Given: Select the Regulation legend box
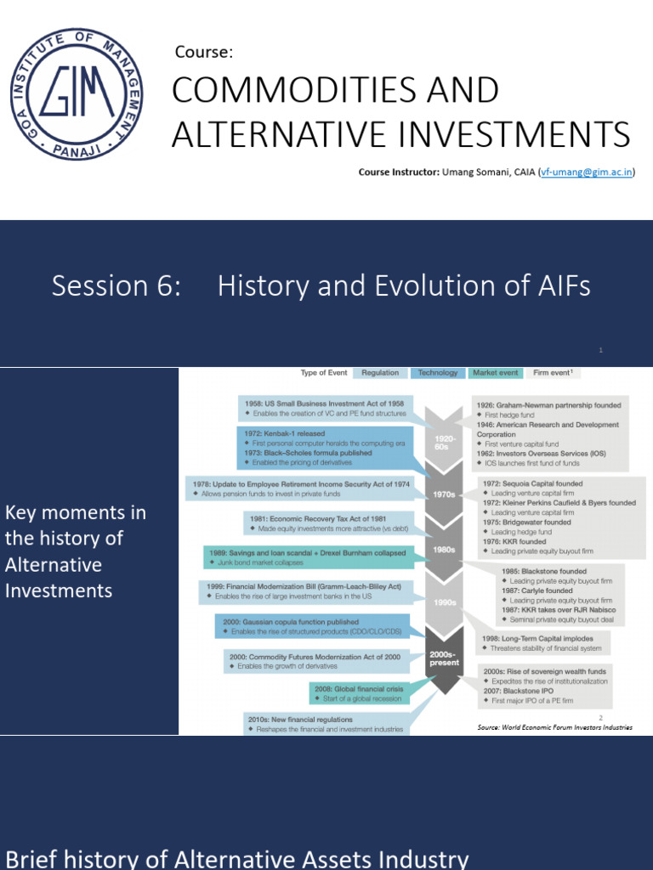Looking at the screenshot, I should pyautogui.click(x=380, y=373).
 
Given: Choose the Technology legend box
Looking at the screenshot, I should pyautogui.click(x=438, y=373).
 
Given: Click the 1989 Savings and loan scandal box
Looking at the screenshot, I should pyautogui.click(x=308, y=557).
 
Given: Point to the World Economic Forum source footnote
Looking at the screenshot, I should pyautogui.click(x=555, y=727).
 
